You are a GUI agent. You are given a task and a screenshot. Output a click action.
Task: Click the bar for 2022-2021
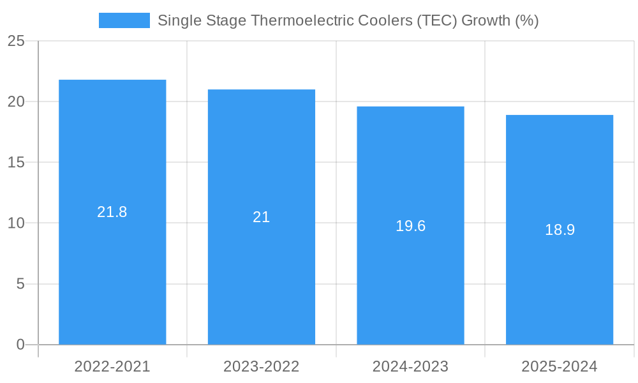(112, 268)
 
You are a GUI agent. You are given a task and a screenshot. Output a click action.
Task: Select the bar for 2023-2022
(262, 274)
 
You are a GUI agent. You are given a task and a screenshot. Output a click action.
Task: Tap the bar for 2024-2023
(410, 281)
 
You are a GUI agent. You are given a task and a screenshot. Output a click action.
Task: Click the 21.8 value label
(112, 212)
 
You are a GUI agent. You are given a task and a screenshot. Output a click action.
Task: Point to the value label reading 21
(262, 217)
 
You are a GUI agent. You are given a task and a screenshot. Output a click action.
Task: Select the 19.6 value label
(410, 226)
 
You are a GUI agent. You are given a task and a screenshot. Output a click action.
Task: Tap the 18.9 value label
(560, 230)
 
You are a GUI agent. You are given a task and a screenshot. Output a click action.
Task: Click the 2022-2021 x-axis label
(112, 366)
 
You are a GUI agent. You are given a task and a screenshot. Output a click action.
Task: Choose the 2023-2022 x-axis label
(262, 366)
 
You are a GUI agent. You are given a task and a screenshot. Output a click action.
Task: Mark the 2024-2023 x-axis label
(410, 366)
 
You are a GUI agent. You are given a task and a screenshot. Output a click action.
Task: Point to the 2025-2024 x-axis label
(560, 366)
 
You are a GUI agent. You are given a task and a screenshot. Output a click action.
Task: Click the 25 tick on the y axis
(16, 41)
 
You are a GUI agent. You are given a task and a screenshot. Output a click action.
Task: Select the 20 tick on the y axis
(16, 102)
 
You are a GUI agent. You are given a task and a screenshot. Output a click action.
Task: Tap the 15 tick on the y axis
(16, 163)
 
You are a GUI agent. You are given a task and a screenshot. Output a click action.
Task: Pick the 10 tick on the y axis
(16, 223)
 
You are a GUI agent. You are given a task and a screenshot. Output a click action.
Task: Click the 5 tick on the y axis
(20, 284)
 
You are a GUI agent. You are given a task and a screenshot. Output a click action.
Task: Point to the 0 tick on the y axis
(20, 345)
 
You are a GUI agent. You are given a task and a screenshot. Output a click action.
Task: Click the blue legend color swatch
(124, 20)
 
